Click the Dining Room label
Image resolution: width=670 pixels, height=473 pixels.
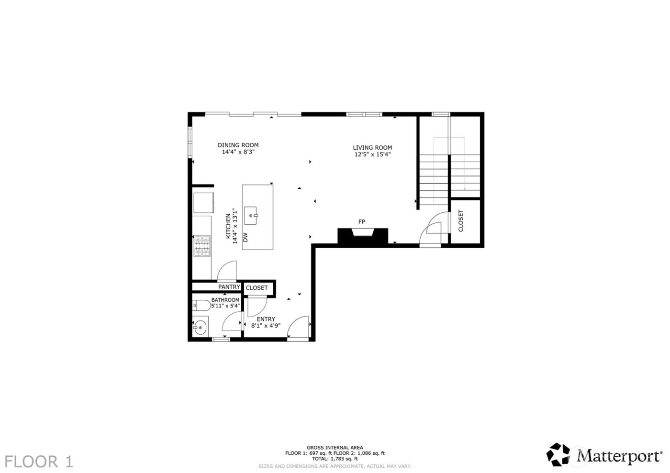(238, 145)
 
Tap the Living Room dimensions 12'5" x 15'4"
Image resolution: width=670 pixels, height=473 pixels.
(372, 154)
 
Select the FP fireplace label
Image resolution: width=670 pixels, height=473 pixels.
(362, 221)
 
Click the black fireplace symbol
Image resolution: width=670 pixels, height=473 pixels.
(362, 237)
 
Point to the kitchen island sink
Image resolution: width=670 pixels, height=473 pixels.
(251, 216)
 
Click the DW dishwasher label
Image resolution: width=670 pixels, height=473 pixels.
(246, 237)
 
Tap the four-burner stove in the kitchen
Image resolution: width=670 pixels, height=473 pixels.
(202, 246)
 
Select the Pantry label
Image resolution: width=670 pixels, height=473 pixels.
(229, 287)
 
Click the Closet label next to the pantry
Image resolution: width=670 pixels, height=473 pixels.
(257, 288)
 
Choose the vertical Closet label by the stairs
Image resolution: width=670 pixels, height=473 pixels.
(461, 221)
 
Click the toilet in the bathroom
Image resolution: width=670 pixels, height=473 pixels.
(201, 305)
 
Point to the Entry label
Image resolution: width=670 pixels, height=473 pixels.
(266, 319)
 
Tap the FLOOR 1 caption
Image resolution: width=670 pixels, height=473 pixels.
(40, 462)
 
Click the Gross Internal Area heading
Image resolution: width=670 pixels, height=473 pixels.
(335, 448)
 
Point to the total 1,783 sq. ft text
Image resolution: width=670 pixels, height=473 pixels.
(335, 459)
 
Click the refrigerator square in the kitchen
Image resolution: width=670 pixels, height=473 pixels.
(203, 203)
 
